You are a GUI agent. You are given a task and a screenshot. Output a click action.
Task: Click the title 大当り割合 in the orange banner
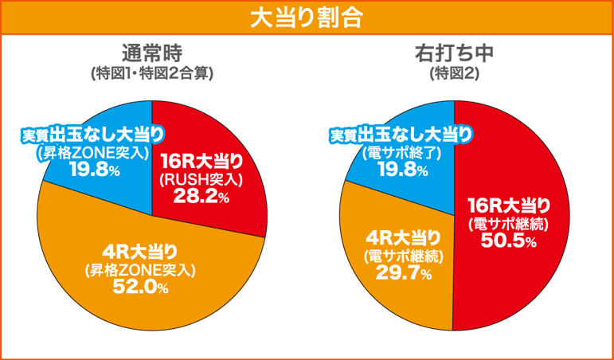click(307, 18)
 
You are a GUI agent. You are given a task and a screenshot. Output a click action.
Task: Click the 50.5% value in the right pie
click(507, 241)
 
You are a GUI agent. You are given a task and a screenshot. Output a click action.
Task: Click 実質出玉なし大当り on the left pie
click(92, 134)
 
